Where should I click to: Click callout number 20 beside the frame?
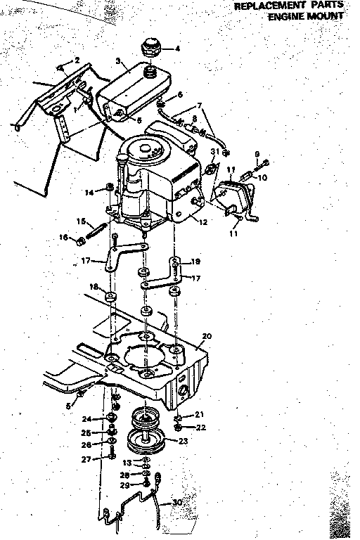point(206,336)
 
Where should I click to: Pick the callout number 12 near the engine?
point(204,222)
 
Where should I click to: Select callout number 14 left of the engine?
point(89,192)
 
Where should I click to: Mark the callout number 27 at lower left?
point(85,459)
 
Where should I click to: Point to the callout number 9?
point(257,154)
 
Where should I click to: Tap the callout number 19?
point(196,261)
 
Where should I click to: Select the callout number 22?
point(200,427)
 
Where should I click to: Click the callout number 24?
point(85,420)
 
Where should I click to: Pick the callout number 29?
point(124,486)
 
